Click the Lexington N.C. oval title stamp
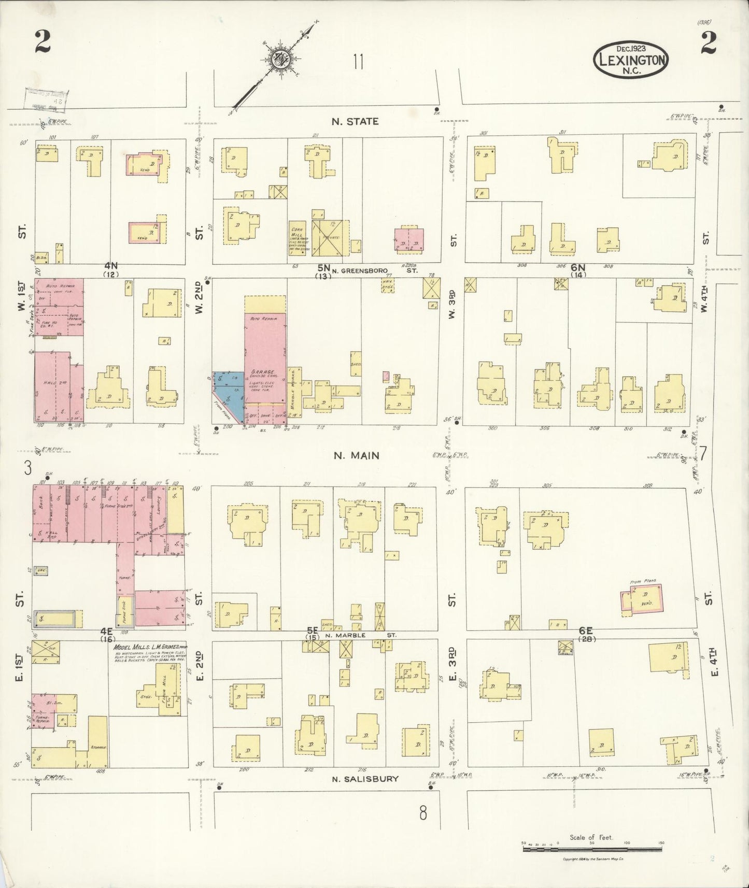tap(631, 60)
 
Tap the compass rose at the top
tap(277, 60)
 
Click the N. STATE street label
tap(355, 121)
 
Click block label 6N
tap(578, 267)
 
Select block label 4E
tap(106, 632)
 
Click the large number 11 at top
tap(358, 62)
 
